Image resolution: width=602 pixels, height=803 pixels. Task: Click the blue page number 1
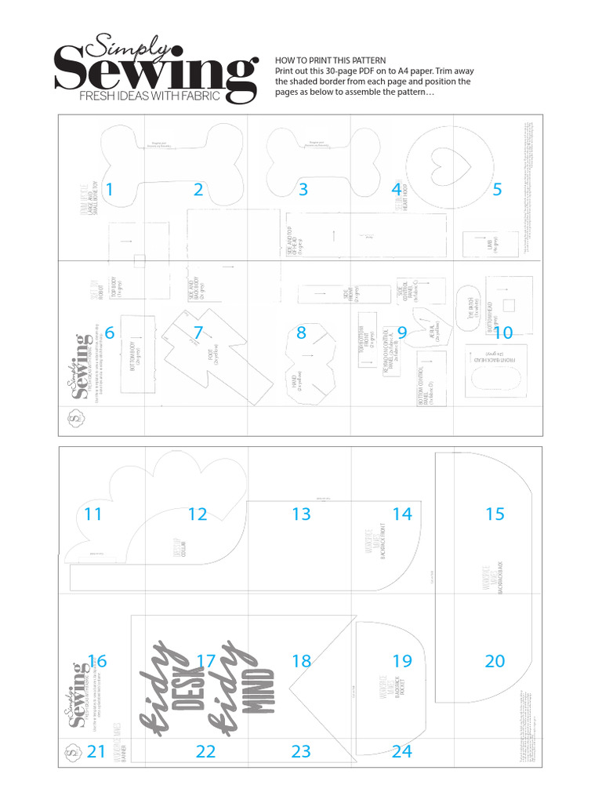pos(109,189)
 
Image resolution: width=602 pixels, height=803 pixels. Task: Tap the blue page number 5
pos(496,189)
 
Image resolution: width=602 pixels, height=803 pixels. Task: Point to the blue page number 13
pos(301,514)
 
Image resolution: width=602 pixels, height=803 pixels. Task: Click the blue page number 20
pos(495,661)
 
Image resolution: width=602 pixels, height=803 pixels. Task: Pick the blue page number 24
pos(401,751)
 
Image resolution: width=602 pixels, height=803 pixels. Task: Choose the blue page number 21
pos(96,751)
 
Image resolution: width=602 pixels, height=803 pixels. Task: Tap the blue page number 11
pos(93,514)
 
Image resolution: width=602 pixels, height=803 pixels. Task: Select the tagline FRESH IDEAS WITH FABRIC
pos(149,97)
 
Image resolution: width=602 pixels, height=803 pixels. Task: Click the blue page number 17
pos(205,661)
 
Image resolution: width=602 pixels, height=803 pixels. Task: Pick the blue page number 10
pos(502,333)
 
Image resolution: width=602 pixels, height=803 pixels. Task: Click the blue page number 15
pos(495,514)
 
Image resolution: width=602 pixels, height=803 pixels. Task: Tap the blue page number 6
pos(109,333)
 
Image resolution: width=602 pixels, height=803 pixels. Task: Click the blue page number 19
pos(401,661)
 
